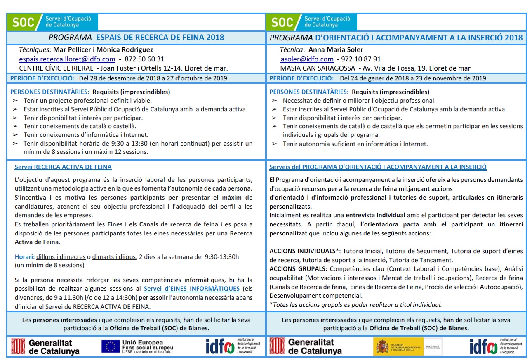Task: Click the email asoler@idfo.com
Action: click(x=307, y=59)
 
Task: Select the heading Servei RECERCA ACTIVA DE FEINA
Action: click(x=63, y=167)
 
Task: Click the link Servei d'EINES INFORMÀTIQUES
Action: click(x=191, y=289)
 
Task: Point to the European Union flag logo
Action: click(x=111, y=346)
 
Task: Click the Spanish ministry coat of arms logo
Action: click(x=381, y=347)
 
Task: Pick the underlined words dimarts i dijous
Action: click(x=114, y=257)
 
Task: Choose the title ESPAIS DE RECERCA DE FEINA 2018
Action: click(x=160, y=38)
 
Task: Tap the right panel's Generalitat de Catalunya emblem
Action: click(x=277, y=346)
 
